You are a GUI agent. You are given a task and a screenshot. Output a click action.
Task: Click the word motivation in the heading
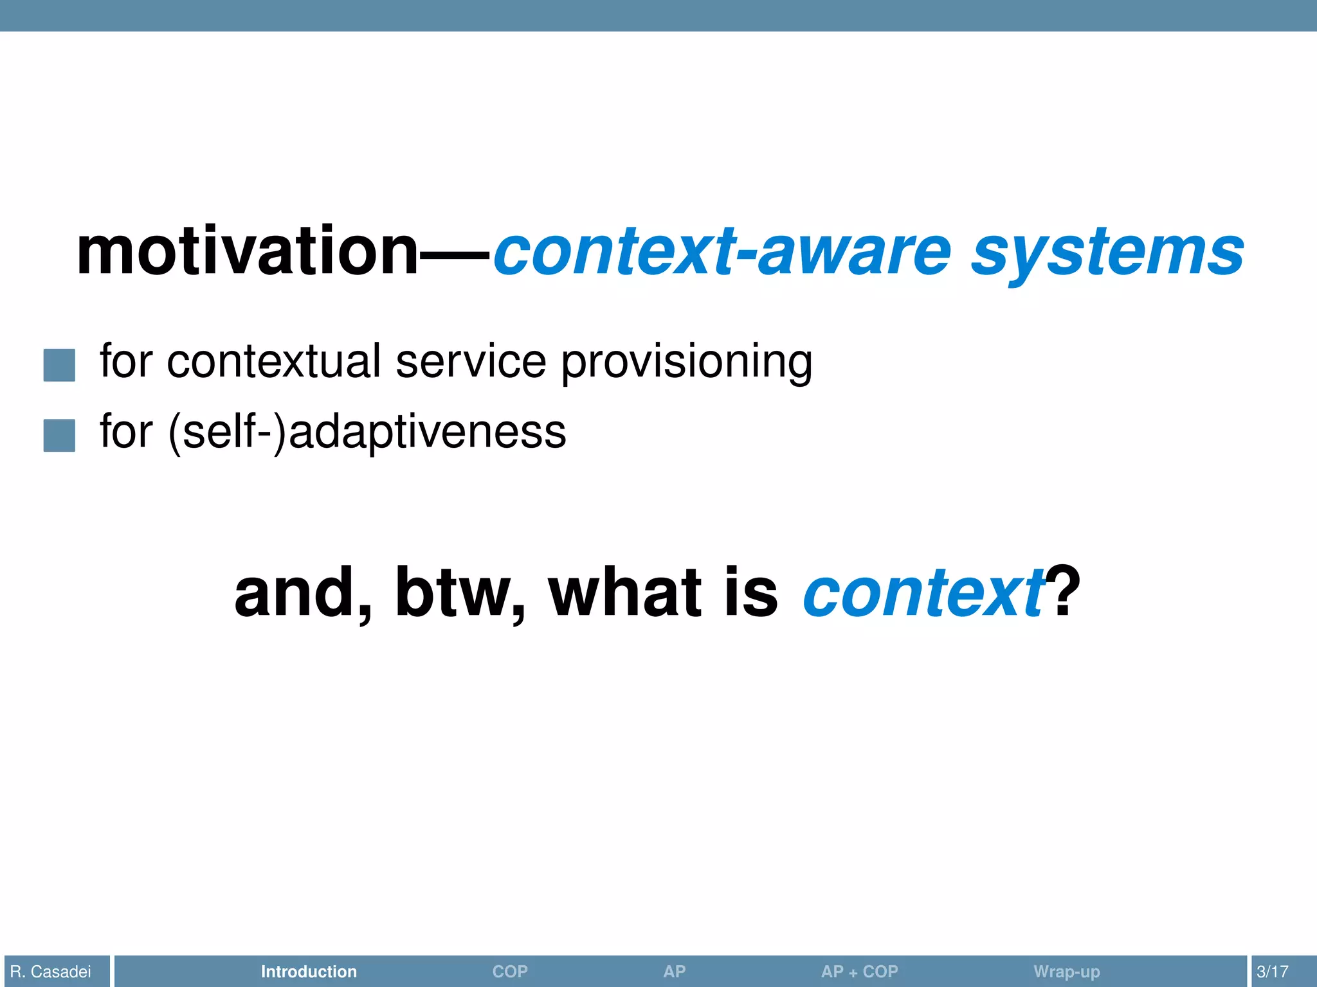(248, 252)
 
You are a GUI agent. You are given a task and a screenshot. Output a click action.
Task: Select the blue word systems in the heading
(1107, 252)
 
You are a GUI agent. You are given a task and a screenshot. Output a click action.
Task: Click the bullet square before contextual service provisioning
(59, 365)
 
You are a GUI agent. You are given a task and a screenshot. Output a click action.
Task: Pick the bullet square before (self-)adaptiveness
(59, 435)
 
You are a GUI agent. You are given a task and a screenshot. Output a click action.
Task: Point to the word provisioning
(687, 362)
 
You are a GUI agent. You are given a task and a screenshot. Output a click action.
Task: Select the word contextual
(274, 361)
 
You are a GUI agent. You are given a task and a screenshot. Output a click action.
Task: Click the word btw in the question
(460, 592)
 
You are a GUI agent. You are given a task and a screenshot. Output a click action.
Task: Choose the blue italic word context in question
(923, 592)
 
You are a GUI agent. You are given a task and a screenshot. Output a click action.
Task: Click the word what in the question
(624, 592)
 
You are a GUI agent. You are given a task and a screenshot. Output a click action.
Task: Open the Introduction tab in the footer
(309, 972)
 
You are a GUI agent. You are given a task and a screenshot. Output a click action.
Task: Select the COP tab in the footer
(510, 972)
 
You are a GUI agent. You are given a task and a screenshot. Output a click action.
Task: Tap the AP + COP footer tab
(859, 972)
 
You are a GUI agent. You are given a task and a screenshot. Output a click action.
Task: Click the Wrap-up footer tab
(1066, 972)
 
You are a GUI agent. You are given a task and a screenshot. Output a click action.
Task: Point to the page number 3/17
(1272, 972)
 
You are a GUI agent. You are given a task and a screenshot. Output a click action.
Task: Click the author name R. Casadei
(51, 972)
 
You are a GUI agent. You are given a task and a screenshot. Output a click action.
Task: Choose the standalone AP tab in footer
(674, 972)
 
